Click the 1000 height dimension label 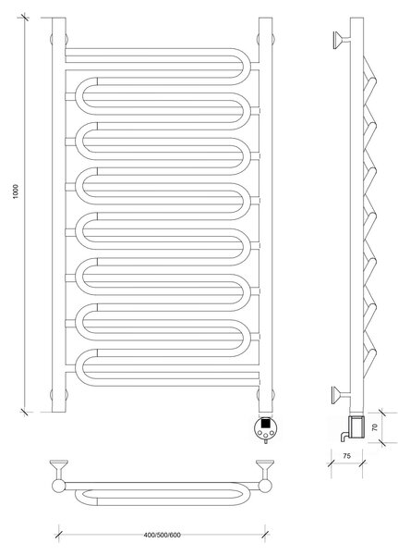[x=16, y=191]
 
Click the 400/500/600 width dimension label [x=163, y=535]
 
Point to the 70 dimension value [x=375, y=426]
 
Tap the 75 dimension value [x=347, y=456]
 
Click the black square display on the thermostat [x=265, y=423]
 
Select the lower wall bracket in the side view [x=341, y=395]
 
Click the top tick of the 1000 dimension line [x=24, y=17]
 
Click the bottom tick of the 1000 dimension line [x=24, y=412]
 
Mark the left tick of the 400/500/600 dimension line [x=59, y=535]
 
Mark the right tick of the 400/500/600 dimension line [x=265, y=535]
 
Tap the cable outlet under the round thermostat [x=265, y=440]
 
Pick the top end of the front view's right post [x=265, y=18]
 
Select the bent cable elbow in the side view [x=344, y=436]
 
